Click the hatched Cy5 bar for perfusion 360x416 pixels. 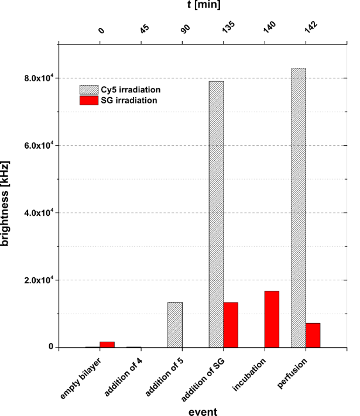pyautogui.click(x=299, y=208)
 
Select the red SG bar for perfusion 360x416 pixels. pyautogui.click(x=313, y=335)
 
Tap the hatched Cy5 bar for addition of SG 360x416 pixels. pyautogui.click(x=216, y=214)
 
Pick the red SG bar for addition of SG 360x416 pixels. pyautogui.click(x=231, y=325)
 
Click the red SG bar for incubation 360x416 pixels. pyautogui.click(x=272, y=319)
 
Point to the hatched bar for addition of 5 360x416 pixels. pyautogui.click(x=175, y=325)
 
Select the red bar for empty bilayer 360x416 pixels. pyautogui.click(x=107, y=344)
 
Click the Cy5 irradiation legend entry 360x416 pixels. pyautogui.click(x=121, y=90)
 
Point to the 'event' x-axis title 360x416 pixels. pyautogui.click(x=203, y=411)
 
